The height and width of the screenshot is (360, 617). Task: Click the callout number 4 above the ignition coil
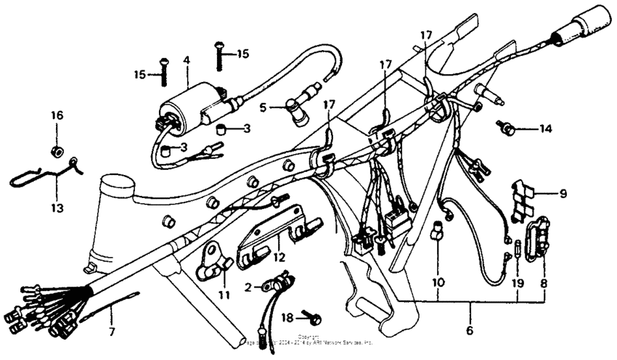pyautogui.click(x=187, y=62)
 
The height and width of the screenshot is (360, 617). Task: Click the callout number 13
pyautogui.click(x=57, y=208)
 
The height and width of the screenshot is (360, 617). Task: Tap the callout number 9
pyautogui.click(x=563, y=194)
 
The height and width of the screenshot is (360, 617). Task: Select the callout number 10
pyautogui.click(x=438, y=280)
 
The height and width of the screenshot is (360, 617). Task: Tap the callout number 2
pyautogui.click(x=248, y=287)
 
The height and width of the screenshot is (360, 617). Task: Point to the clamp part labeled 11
pyautogui.click(x=213, y=265)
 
